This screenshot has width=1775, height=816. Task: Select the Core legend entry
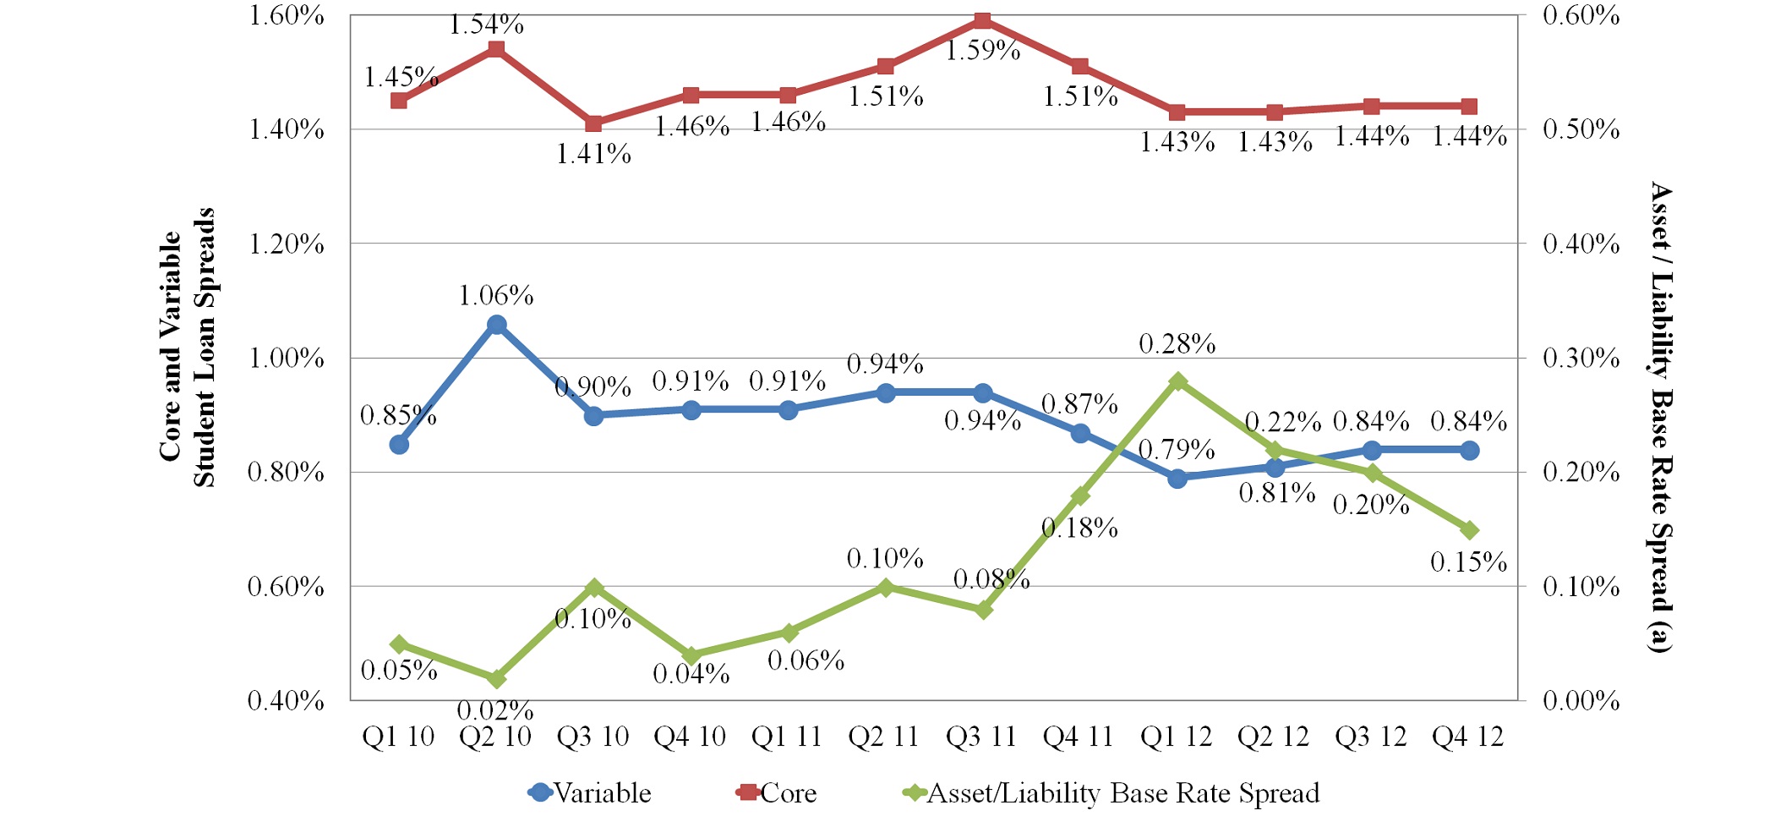coord(778,793)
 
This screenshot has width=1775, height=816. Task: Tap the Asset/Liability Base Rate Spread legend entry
coord(1112,793)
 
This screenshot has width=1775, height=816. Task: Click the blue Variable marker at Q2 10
coord(497,325)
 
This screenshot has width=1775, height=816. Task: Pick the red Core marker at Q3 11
coord(983,20)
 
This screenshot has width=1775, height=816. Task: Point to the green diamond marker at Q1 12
coord(1177,381)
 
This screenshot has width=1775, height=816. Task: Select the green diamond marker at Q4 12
coord(1469,530)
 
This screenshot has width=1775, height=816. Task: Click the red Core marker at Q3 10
coord(594,123)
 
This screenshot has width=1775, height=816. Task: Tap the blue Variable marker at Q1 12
coord(1177,479)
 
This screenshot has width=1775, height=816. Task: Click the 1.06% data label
coord(496,296)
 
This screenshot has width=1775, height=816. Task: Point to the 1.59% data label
coord(982,51)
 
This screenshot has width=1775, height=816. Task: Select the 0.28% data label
coord(1177,344)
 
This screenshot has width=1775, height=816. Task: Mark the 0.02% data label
coord(495,710)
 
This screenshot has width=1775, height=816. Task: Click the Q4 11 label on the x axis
coord(1079,737)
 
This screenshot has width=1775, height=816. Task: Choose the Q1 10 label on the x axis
coord(398,737)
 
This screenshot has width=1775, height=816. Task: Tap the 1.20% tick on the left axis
coord(286,244)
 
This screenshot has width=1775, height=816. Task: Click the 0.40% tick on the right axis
coord(1581,244)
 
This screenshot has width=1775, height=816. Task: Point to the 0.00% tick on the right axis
coord(1581,701)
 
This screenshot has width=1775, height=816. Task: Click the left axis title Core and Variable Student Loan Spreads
coord(187,347)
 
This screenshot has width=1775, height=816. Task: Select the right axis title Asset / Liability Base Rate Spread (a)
coord(1661,416)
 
